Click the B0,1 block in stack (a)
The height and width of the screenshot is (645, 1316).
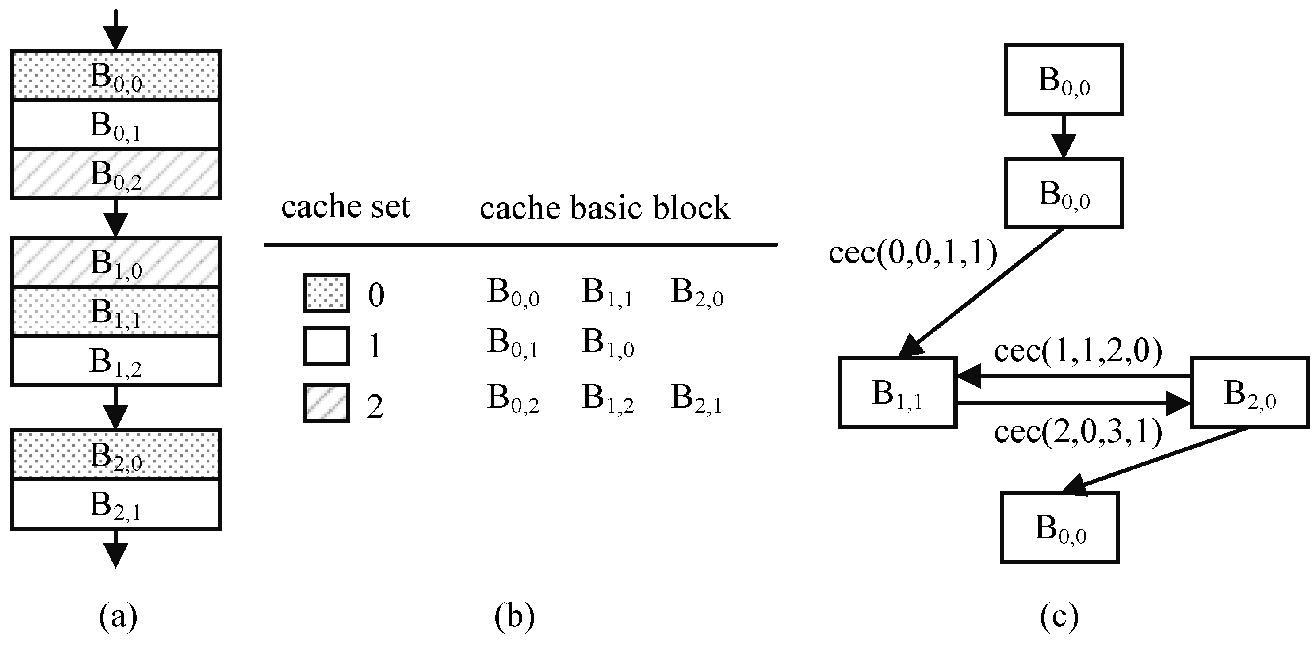pos(115,125)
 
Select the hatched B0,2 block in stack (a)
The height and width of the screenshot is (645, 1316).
pos(115,174)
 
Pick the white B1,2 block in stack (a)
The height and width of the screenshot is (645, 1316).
pos(115,361)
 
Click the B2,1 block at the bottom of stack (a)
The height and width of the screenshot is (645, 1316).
pos(115,504)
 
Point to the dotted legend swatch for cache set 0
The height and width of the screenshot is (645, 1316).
pos(326,293)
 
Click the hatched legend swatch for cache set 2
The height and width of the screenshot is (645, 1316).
pos(326,403)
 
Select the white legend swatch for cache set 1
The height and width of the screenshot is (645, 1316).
pos(326,346)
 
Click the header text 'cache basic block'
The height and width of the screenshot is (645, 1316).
pos(604,208)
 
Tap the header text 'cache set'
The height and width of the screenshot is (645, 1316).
pos(345,207)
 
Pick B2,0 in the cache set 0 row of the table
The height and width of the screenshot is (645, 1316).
pos(696,293)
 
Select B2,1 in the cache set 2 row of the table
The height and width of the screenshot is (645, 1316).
pos(696,398)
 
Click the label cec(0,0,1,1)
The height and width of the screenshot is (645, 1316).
pos(912,253)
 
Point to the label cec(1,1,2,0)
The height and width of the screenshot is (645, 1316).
pos(1078,352)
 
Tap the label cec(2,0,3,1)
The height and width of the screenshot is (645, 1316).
pos(1078,432)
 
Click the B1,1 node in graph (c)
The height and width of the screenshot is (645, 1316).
pos(897,392)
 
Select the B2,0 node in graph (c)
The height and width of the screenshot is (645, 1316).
pos(1249,392)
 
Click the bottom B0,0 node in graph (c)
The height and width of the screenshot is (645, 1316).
pos(1060,527)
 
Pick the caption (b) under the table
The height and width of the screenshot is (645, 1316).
pos(514,616)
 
